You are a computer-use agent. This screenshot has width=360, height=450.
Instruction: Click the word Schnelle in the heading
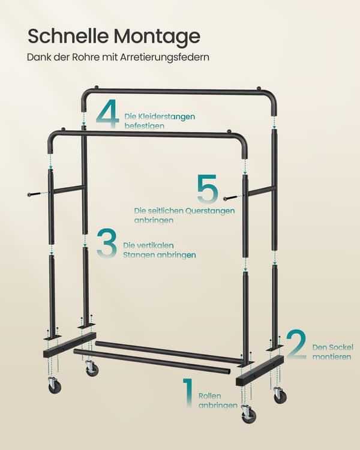tap(68, 36)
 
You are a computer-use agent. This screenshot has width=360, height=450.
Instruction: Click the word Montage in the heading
tap(157, 37)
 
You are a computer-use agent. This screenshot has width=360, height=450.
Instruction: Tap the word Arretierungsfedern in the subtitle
tap(164, 57)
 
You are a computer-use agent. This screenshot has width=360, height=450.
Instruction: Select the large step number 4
tap(107, 114)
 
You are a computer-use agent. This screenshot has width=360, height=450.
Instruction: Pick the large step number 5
tap(207, 188)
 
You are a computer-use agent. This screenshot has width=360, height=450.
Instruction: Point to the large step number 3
tap(107, 244)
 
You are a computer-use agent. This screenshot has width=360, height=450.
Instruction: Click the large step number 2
tap(296, 344)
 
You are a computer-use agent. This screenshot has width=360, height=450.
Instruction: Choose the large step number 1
tap(188, 393)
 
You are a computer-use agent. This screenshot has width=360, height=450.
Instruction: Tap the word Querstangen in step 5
tap(210, 211)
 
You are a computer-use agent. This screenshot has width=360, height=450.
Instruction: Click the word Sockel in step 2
tap(341, 347)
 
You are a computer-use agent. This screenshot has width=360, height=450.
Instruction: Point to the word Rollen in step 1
tap(209, 396)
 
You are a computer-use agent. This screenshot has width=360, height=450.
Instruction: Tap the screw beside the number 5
tap(230, 198)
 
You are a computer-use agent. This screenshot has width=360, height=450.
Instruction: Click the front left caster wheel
tap(54, 385)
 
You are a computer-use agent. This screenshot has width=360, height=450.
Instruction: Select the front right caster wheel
tap(248, 414)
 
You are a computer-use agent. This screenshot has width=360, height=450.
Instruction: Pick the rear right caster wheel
tap(280, 395)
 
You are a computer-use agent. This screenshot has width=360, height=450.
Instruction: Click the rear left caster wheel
tap(92, 368)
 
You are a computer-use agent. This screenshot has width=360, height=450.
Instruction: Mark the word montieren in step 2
tap(332, 357)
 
